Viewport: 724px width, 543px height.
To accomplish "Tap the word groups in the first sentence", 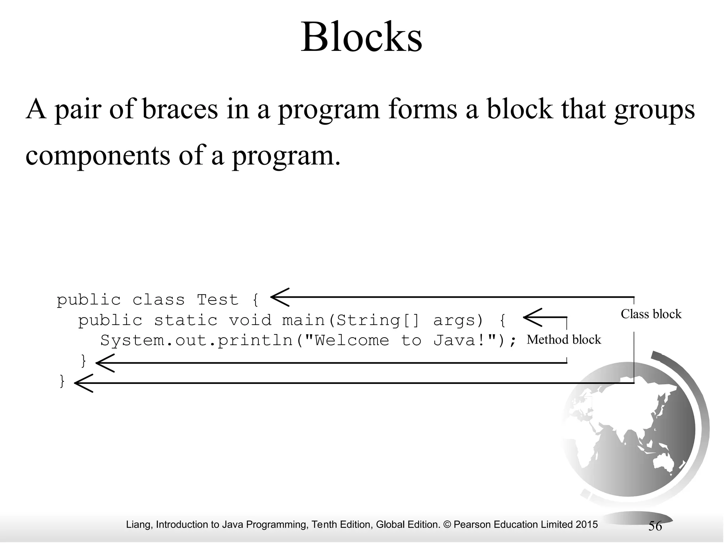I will [654, 110].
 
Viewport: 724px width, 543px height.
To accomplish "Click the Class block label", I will [651, 314].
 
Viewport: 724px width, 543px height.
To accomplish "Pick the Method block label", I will [564, 339].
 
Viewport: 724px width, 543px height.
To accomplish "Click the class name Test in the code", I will [217, 300].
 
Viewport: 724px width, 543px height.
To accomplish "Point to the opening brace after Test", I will [256, 300].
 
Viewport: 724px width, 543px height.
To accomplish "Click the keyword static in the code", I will [186, 320].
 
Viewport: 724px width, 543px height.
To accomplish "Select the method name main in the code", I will [303, 320].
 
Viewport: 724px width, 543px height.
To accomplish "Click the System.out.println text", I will [196, 341].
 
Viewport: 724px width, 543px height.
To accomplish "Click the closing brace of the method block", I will [84, 361].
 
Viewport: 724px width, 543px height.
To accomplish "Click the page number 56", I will [655, 526].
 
